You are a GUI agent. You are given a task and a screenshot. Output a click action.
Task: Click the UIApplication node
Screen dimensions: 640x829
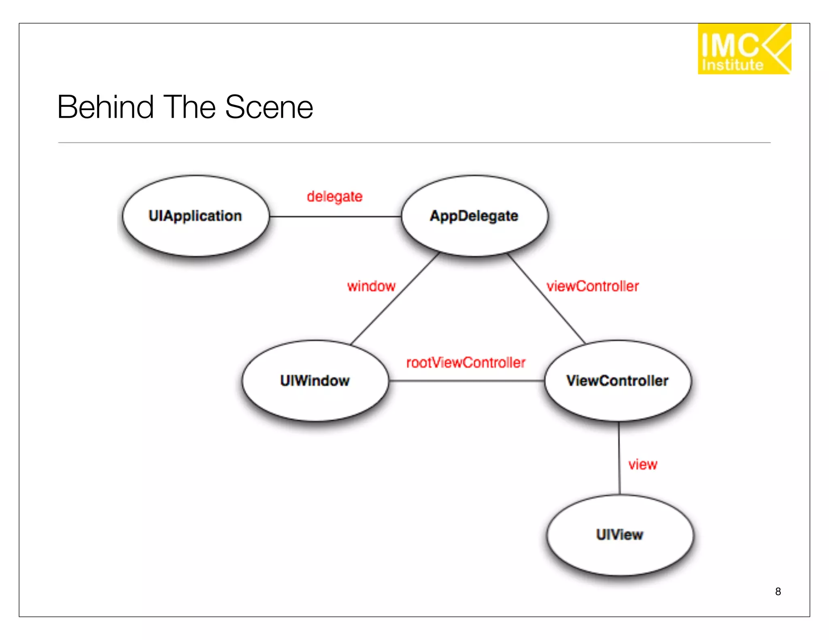point(196,216)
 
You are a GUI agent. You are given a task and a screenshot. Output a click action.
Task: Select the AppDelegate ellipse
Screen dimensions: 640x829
point(474,216)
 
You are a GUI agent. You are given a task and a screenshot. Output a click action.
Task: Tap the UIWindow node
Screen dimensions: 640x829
point(315,381)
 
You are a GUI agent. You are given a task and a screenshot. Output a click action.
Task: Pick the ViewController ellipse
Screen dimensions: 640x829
point(618,381)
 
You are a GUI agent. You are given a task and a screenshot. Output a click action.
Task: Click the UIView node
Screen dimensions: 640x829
point(620,535)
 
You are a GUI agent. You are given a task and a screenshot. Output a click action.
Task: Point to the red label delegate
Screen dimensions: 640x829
point(334,197)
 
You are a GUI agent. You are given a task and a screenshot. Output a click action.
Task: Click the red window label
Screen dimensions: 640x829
point(371,286)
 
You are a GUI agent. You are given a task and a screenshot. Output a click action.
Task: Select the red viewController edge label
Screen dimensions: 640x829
point(593,286)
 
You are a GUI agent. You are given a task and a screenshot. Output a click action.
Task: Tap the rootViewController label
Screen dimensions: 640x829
point(466,362)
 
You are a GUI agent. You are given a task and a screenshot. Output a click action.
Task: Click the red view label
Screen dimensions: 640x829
point(643,464)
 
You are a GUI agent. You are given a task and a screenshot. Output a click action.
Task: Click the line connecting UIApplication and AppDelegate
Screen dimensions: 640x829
point(335,216)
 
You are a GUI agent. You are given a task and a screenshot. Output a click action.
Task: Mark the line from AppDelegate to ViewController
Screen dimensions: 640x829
point(546,299)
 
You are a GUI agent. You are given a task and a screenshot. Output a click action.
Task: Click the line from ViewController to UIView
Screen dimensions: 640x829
point(619,457)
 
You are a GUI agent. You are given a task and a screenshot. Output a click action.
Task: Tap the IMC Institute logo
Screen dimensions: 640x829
point(744,49)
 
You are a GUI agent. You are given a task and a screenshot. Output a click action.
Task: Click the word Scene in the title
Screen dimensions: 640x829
point(269,107)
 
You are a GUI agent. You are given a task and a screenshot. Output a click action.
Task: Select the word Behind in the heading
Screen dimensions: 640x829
point(106,107)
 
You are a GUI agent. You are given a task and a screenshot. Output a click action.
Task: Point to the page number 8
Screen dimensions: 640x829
point(778,591)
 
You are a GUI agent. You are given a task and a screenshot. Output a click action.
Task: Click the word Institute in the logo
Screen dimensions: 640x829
point(733,65)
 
